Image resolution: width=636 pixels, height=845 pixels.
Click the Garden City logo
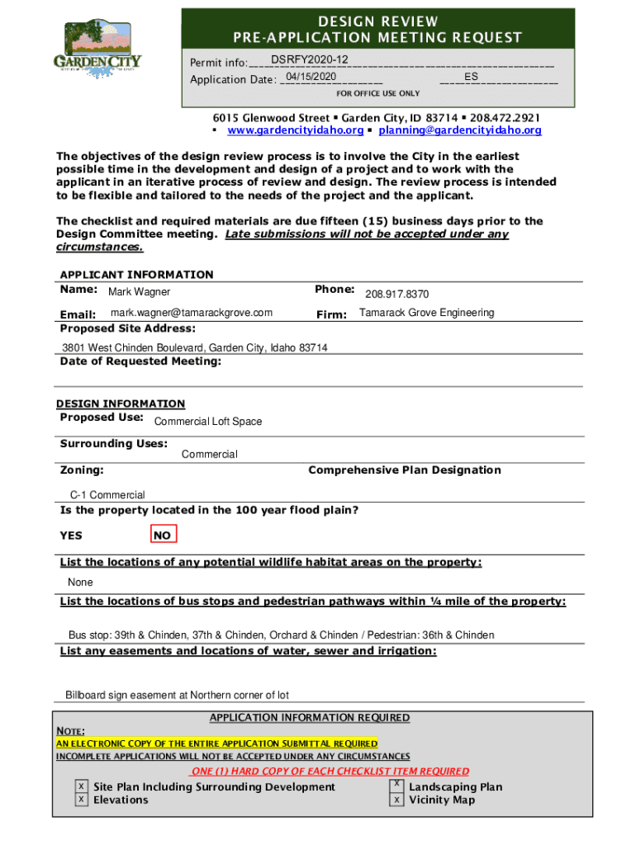point(97,50)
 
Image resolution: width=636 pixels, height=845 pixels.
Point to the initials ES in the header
point(472,77)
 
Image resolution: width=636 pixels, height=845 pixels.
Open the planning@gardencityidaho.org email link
point(460,130)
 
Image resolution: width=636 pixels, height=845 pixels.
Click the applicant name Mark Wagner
point(140,292)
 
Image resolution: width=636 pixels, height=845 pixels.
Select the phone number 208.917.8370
point(396,294)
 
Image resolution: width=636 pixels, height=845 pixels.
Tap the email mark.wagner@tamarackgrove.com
point(192,313)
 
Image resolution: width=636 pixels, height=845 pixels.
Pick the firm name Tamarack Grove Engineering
point(426,313)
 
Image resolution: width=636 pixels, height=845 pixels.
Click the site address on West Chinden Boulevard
point(195,347)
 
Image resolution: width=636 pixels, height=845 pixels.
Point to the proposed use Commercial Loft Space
point(208,422)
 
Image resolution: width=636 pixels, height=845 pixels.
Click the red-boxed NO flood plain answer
point(163,536)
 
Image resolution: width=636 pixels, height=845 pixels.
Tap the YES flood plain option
point(71,536)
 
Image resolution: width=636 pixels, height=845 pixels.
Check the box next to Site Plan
point(82,786)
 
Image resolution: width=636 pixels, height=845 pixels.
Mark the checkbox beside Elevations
point(82,800)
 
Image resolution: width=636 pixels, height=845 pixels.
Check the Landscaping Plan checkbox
point(397,785)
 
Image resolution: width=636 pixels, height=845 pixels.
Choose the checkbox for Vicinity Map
point(397,800)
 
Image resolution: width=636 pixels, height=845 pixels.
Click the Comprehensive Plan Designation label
point(404,470)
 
